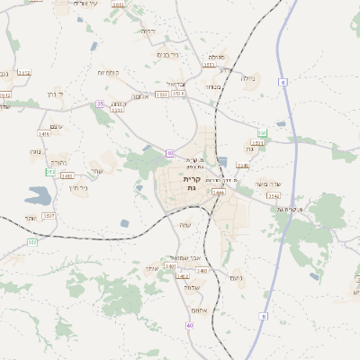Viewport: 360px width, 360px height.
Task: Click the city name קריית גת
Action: (x=192, y=183)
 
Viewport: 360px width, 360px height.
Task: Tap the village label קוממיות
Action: (x=110, y=72)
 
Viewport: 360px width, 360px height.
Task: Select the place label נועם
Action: (x=238, y=277)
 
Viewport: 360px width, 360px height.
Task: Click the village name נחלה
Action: (x=249, y=78)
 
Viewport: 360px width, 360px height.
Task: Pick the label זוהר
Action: (x=30, y=218)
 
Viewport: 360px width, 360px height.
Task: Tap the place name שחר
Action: (x=96, y=169)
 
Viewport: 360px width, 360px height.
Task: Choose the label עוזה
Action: (x=185, y=224)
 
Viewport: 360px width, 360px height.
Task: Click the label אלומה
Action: (x=139, y=96)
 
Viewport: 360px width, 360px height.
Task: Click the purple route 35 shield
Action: (x=101, y=103)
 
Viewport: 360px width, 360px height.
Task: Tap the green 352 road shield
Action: (x=51, y=171)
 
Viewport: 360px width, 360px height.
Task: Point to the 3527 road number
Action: (x=49, y=216)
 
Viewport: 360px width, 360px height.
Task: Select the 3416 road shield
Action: (x=43, y=134)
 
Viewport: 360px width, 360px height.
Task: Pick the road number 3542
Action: (x=274, y=195)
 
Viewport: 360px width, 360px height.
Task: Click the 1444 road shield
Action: (x=218, y=192)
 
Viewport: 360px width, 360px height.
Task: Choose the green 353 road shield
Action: (x=262, y=133)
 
